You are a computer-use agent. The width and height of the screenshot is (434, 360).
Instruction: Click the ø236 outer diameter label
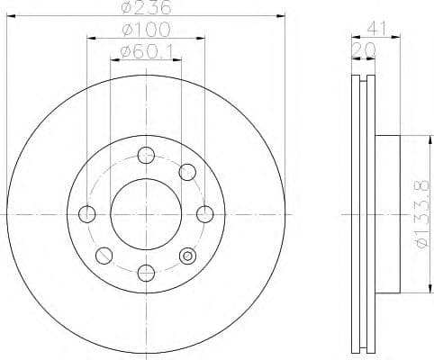[147, 10]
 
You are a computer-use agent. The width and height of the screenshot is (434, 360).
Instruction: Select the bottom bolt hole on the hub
[146, 272]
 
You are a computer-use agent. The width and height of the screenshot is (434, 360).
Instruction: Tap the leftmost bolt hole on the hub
[87, 213]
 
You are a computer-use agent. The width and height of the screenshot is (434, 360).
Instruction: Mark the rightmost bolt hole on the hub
[205, 213]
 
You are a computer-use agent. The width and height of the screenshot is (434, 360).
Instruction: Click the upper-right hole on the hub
[187, 171]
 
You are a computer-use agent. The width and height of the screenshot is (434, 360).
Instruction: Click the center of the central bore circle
[146, 213]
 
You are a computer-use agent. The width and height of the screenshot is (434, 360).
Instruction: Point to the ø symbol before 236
[126, 10]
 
